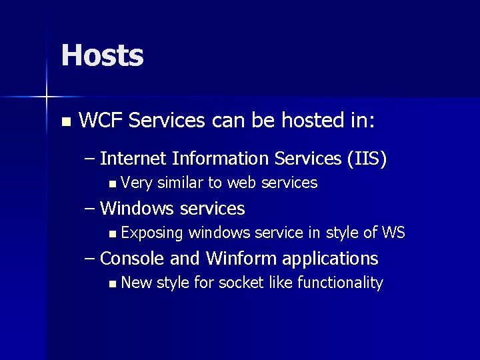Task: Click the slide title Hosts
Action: pos(102,55)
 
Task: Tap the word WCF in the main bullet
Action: pos(100,121)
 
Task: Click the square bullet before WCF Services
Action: pos(65,122)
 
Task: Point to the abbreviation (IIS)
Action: pos(365,159)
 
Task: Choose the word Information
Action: pos(217,159)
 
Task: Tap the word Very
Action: pos(137,183)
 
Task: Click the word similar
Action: pos(180,183)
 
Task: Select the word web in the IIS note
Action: pos(243,183)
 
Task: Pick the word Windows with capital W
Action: pos(138,209)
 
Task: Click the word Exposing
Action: pos(153,233)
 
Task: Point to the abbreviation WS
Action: pos(393,233)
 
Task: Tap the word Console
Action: pos(132,258)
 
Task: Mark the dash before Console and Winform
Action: pos(91,259)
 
